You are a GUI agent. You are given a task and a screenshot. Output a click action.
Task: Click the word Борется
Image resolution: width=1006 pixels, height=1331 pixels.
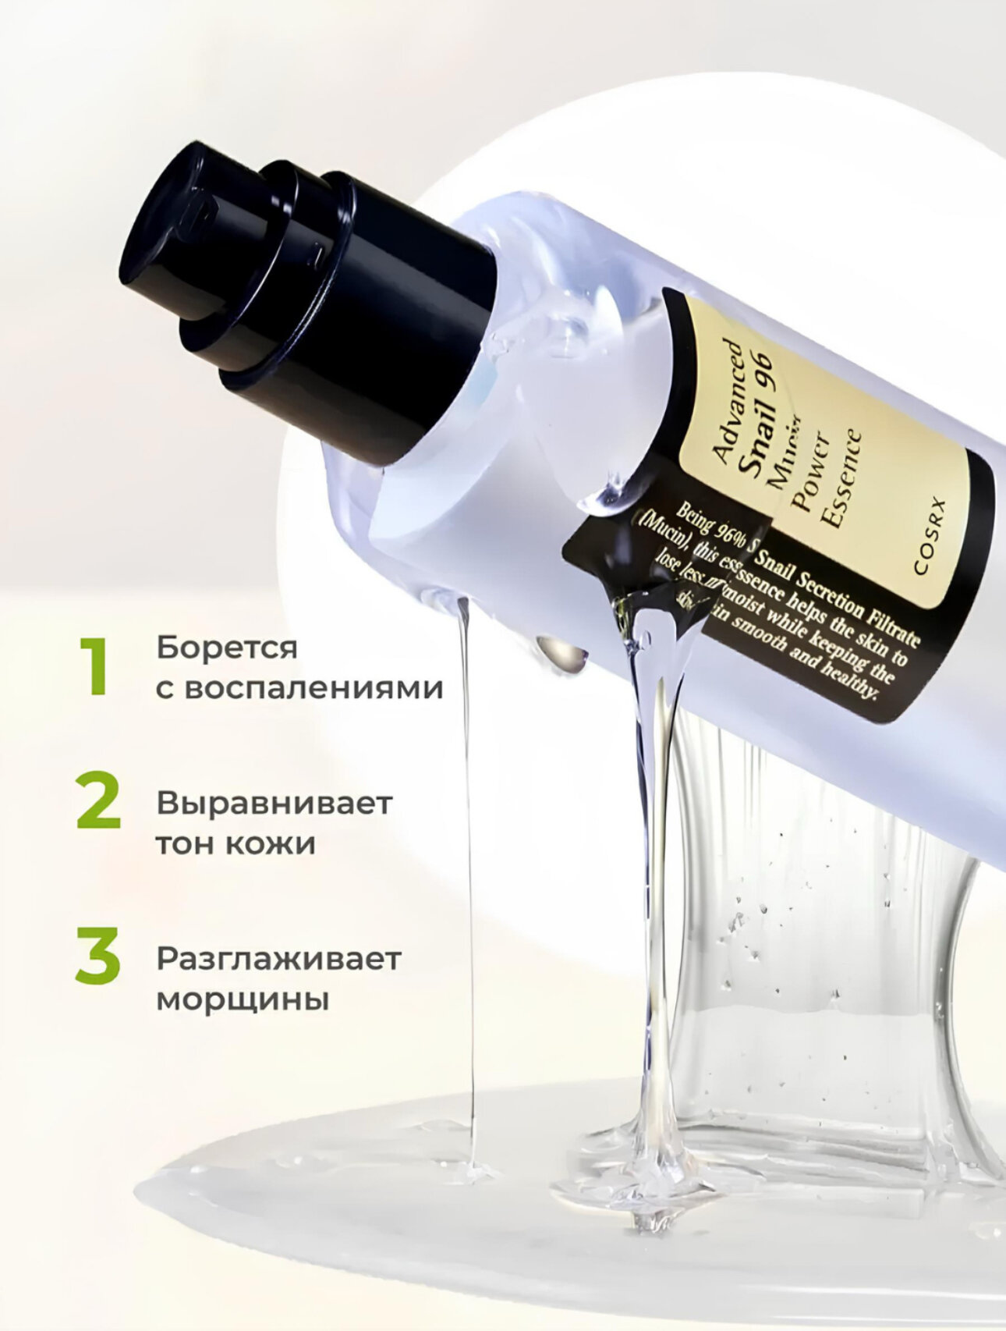click(x=227, y=648)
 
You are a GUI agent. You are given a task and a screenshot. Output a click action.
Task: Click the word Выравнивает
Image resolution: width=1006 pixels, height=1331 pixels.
click(x=274, y=803)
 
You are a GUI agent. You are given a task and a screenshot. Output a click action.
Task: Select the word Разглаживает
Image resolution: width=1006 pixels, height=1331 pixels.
click(x=278, y=959)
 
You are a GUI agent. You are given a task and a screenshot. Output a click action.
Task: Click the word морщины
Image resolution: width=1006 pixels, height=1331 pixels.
click(x=242, y=999)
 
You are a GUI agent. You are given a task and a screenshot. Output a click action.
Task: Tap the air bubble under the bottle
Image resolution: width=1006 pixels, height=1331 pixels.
click(x=563, y=654)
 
